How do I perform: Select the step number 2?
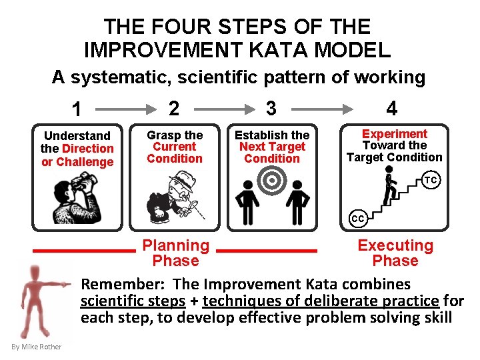[174, 108]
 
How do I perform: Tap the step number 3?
[271, 108]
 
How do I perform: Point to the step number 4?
[392, 108]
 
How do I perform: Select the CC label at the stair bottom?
[358, 218]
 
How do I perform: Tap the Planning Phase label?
[176, 253]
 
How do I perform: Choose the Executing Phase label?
[395, 253]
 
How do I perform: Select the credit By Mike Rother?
[37, 347]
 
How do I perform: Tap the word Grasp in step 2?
[165, 135]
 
